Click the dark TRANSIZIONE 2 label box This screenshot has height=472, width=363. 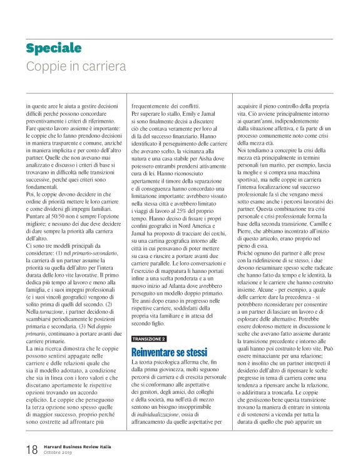tap(149, 339)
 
